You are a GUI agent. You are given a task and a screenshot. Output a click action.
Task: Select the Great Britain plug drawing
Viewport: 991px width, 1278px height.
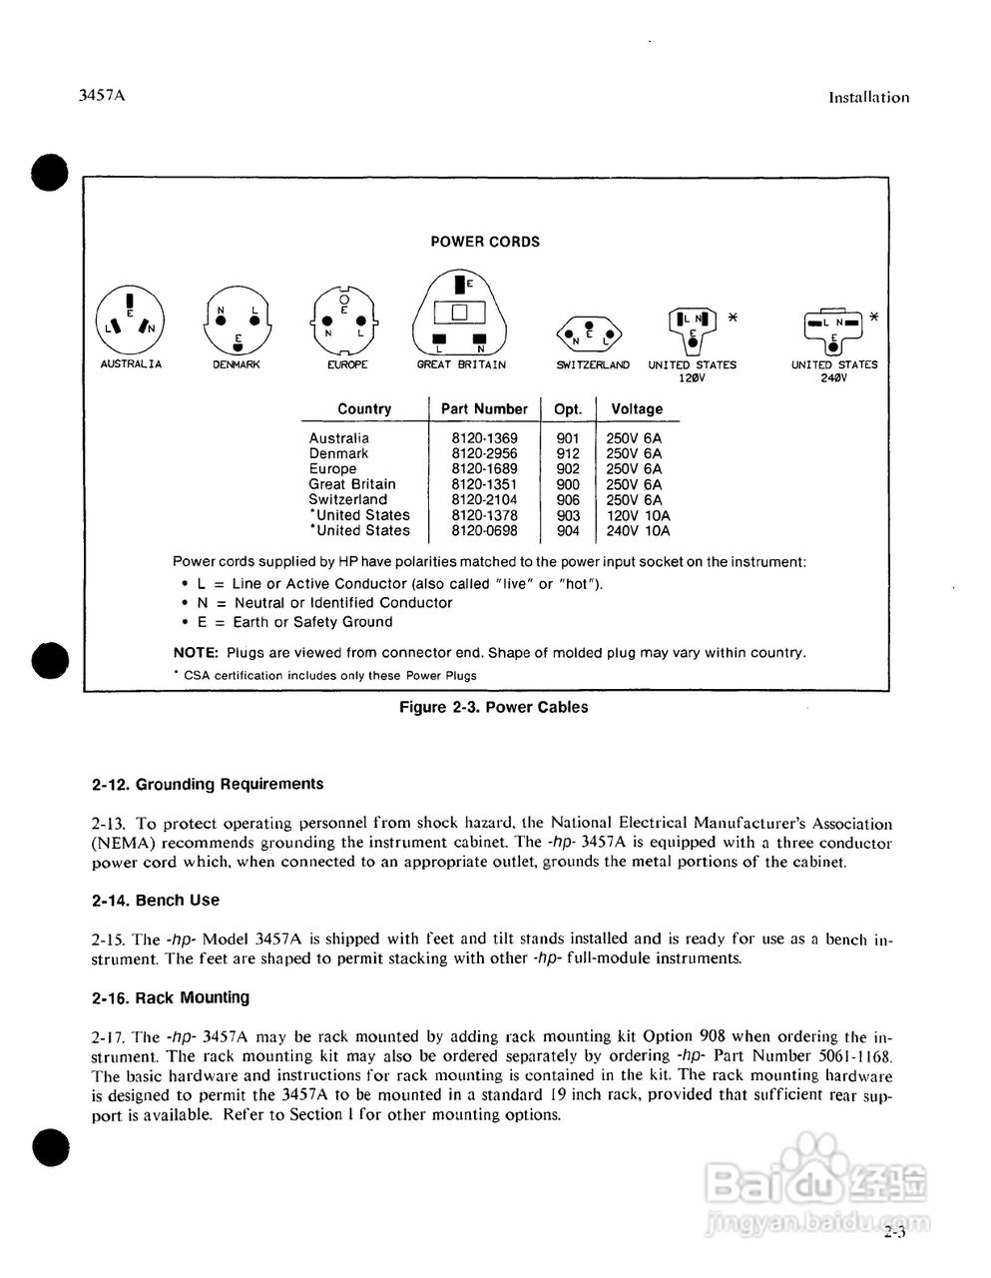pos(460,313)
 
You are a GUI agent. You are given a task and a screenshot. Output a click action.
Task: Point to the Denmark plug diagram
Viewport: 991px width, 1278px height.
pos(238,321)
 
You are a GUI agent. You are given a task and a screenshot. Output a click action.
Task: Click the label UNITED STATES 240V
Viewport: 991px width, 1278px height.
pos(834,370)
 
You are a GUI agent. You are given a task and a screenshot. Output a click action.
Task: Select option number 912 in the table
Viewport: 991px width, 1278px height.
pos(568,453)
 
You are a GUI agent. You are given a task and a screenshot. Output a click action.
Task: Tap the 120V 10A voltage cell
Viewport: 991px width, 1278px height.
pos(638,515)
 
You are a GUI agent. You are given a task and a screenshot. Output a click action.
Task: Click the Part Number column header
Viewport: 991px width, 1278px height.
pos(484,409)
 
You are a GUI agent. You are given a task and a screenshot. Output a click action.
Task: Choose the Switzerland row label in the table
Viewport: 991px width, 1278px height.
pos(347,500)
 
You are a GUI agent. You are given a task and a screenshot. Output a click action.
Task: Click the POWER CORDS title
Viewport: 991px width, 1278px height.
pos(485,242)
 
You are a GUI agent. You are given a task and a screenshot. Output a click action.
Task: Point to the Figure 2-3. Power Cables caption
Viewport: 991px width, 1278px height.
pos(493,708)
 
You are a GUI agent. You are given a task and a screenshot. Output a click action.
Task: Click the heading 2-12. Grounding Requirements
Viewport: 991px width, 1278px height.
pos(208,785)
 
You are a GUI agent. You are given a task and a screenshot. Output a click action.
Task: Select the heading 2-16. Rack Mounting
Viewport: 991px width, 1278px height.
pos(171,998)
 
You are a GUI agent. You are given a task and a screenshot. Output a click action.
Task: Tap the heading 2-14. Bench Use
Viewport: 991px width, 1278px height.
pos(156,901)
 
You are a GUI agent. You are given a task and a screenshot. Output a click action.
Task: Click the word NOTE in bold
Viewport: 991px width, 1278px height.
pos(196,653)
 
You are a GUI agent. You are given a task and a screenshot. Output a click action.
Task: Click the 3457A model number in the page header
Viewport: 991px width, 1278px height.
pos(106,97)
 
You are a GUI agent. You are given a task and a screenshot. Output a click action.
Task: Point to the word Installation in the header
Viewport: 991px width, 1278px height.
pos(869,98)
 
